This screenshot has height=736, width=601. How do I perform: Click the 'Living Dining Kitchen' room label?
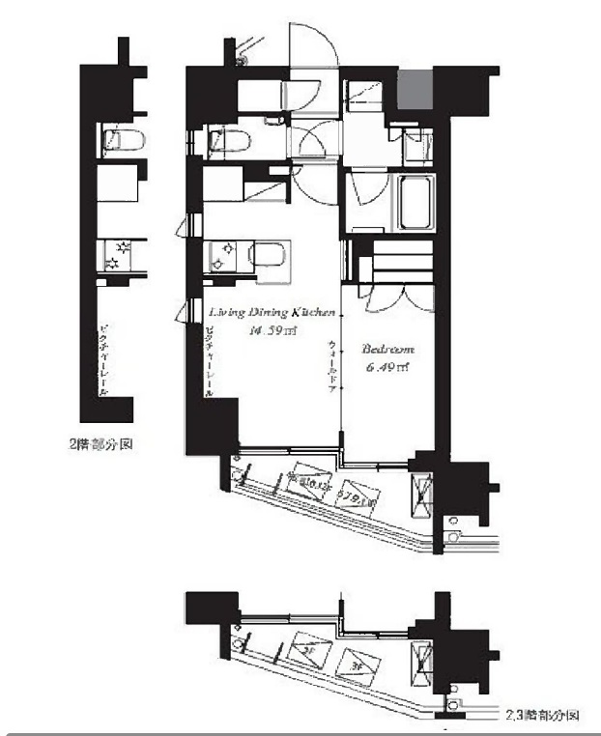coord(272,313)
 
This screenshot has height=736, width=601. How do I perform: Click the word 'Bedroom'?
coord(387,350)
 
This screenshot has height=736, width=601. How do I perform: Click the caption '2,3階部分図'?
coord(542,716)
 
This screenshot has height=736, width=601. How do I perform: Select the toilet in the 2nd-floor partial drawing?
coord(123,142)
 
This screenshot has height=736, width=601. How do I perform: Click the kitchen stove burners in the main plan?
coord(221,255)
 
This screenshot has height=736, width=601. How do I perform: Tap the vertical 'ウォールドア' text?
coord(332,361)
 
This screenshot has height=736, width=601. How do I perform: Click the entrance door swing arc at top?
coord(313,48)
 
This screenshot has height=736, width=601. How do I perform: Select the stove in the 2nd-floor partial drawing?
coord(118,255)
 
